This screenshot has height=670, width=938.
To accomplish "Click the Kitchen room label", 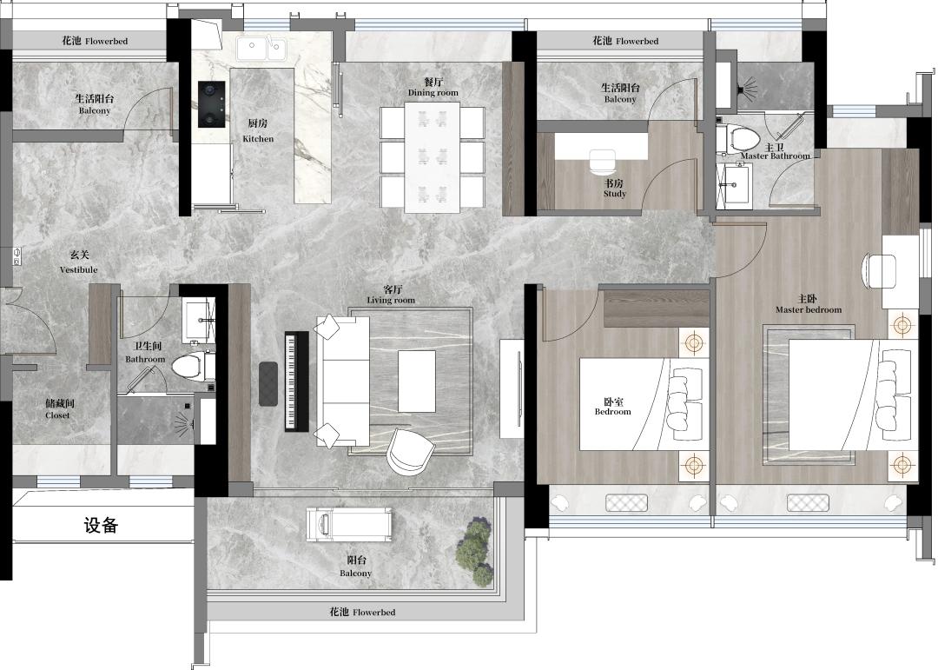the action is [258, 130].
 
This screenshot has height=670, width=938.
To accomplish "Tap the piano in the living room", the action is [296, 381].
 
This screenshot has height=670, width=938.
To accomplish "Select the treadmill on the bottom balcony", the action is [349, 525].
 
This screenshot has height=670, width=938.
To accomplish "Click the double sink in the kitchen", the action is [261, 49].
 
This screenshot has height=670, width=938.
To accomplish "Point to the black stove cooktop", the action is [212, 104].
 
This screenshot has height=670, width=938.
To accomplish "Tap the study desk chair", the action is [603, 163].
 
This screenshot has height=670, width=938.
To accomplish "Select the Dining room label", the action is [433, 87].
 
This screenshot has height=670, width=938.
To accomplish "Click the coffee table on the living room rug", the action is [417, 381].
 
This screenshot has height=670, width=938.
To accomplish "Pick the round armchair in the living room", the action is [410, 451].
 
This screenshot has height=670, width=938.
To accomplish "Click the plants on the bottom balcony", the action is [476, 552].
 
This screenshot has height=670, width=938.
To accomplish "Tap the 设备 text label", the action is [101, 525].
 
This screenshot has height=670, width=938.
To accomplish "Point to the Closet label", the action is [57, 409].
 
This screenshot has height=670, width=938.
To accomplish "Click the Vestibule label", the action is [78, 262].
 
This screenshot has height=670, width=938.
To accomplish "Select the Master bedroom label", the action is [809, 304].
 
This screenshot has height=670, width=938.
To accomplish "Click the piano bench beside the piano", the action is [268, 384].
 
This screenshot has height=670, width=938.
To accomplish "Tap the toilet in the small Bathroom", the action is [193, 365].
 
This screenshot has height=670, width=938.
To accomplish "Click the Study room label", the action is [615, 188].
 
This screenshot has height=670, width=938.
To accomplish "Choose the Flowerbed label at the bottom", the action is [362, 612].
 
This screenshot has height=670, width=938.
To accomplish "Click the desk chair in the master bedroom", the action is [878, 271].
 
